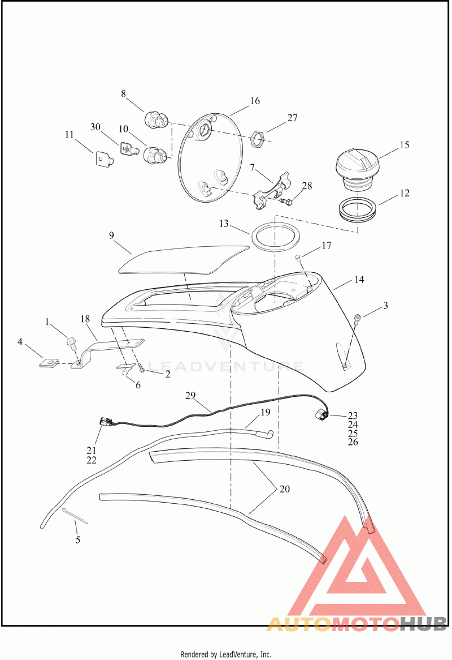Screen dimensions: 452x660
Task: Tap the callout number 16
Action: coord(255,101)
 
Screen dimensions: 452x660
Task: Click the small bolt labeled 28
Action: coord(285,202)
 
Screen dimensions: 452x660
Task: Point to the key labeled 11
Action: coord(102,158)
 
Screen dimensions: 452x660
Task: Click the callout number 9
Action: coord(111,235)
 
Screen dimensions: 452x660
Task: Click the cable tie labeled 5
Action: coord(75,516)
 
